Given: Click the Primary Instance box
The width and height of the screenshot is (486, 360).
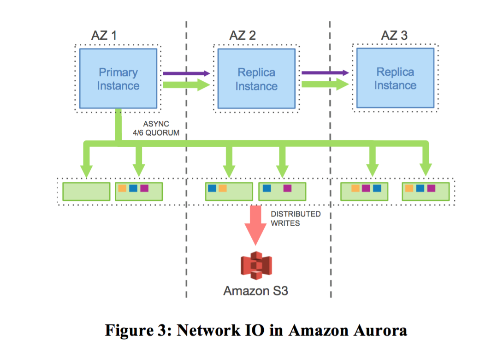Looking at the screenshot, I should pyautogui.click(x=119, y=79).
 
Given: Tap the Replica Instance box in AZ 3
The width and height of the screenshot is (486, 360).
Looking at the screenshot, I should pyautogui.click(x=395, y=78).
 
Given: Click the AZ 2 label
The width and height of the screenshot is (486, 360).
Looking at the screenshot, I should pyautogui.click(x=242, y=36).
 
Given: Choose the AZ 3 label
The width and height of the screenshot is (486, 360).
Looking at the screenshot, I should pyautogui.click(x=394, y=36).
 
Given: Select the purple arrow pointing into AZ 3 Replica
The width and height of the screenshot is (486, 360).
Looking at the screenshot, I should pyautogui.click(x=325, y=72).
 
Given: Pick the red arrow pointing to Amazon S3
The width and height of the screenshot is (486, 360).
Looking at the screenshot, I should pyautogui.click(x=255, y=226).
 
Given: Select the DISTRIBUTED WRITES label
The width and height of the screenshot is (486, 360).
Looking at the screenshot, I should pyautogui.click(x=295, y=219).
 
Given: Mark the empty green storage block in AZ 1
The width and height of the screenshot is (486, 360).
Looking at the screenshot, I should pyautogui.click(x=86, y=191).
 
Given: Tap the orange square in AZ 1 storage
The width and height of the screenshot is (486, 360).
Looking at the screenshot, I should pyautogui.click(x=122, y=188).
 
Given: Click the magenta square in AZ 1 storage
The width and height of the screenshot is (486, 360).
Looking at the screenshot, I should pyautogui.click(x=144, y=188).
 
